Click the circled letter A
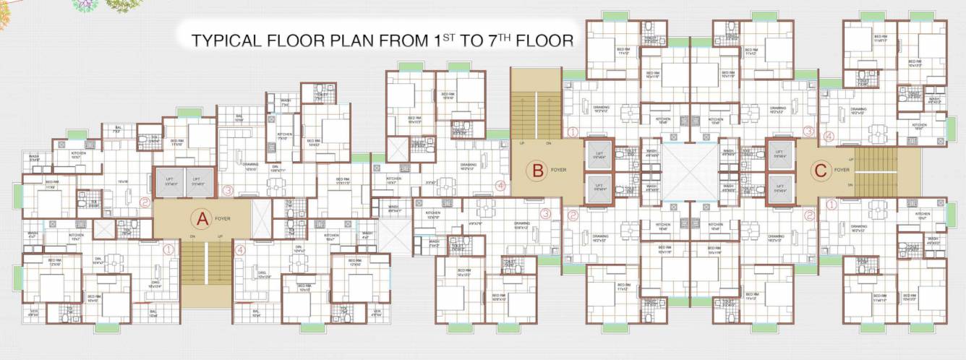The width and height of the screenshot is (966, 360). [x=199, y=217]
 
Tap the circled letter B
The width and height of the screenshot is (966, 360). [x=537, y=171]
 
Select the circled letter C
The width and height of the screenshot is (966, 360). [x=819, y=171]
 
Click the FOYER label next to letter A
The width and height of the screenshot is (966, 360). [x=222, y=218]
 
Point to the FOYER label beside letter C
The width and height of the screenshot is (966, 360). [x=842, y=171]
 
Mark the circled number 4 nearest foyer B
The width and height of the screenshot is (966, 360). [x=500, y=185]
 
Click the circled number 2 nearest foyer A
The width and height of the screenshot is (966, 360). [x=145, y=203]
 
